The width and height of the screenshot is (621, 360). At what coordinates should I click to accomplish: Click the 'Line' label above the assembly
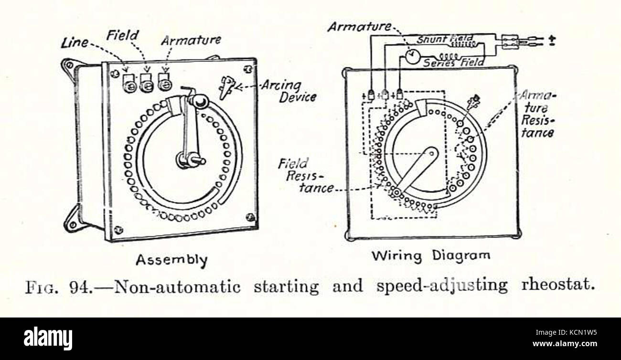[x=75, y=43]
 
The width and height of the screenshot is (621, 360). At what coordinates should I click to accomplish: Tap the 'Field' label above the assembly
[x=122, y=35]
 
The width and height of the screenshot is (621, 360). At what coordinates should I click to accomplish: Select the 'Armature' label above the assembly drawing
[x=191, y=40]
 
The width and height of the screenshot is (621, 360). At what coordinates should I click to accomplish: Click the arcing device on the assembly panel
[x=226, y=86]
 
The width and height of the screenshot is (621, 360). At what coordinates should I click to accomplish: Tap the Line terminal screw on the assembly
[x=129, y=86]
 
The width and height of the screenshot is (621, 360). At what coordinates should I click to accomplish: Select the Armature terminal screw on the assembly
[x=165, y=85]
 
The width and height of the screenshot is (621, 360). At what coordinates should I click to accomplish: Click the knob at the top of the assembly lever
[x=199, y=101]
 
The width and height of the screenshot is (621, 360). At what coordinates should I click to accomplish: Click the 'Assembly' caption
[x=171, y=260]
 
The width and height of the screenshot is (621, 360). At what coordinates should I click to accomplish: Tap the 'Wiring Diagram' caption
[x=431, y=255]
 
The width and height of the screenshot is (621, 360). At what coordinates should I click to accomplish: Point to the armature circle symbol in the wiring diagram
[x=411, y=56]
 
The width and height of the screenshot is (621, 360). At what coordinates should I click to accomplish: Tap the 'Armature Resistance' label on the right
[x=537, y=114]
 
